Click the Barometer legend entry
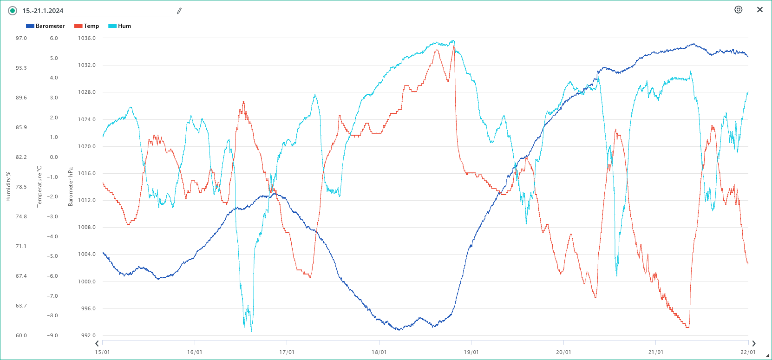[x=46, y=26]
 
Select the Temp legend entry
[x=87, y=26]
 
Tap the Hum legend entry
[x=120, y=26]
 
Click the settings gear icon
[x=738, y=10]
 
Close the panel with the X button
[x=760, y=10]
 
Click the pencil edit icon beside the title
[x=179, y=11]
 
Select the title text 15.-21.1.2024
[x=43, y=11]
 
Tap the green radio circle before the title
[x=13, y=11]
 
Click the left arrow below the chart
[x=97, y=344]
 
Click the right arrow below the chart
[x=753, y=344]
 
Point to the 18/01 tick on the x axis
[x=379, y=352]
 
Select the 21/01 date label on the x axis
[x=656, y=352]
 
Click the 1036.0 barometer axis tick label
[x=87, y=38]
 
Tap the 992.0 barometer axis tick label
[x=87, y=335]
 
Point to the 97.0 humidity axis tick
[x=21, y=38]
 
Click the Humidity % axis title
[x=8, y=186]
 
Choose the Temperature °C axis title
[x=39, y=186]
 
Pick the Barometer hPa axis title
[x=71, y=186]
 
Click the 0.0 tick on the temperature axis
[x=54, y=157]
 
